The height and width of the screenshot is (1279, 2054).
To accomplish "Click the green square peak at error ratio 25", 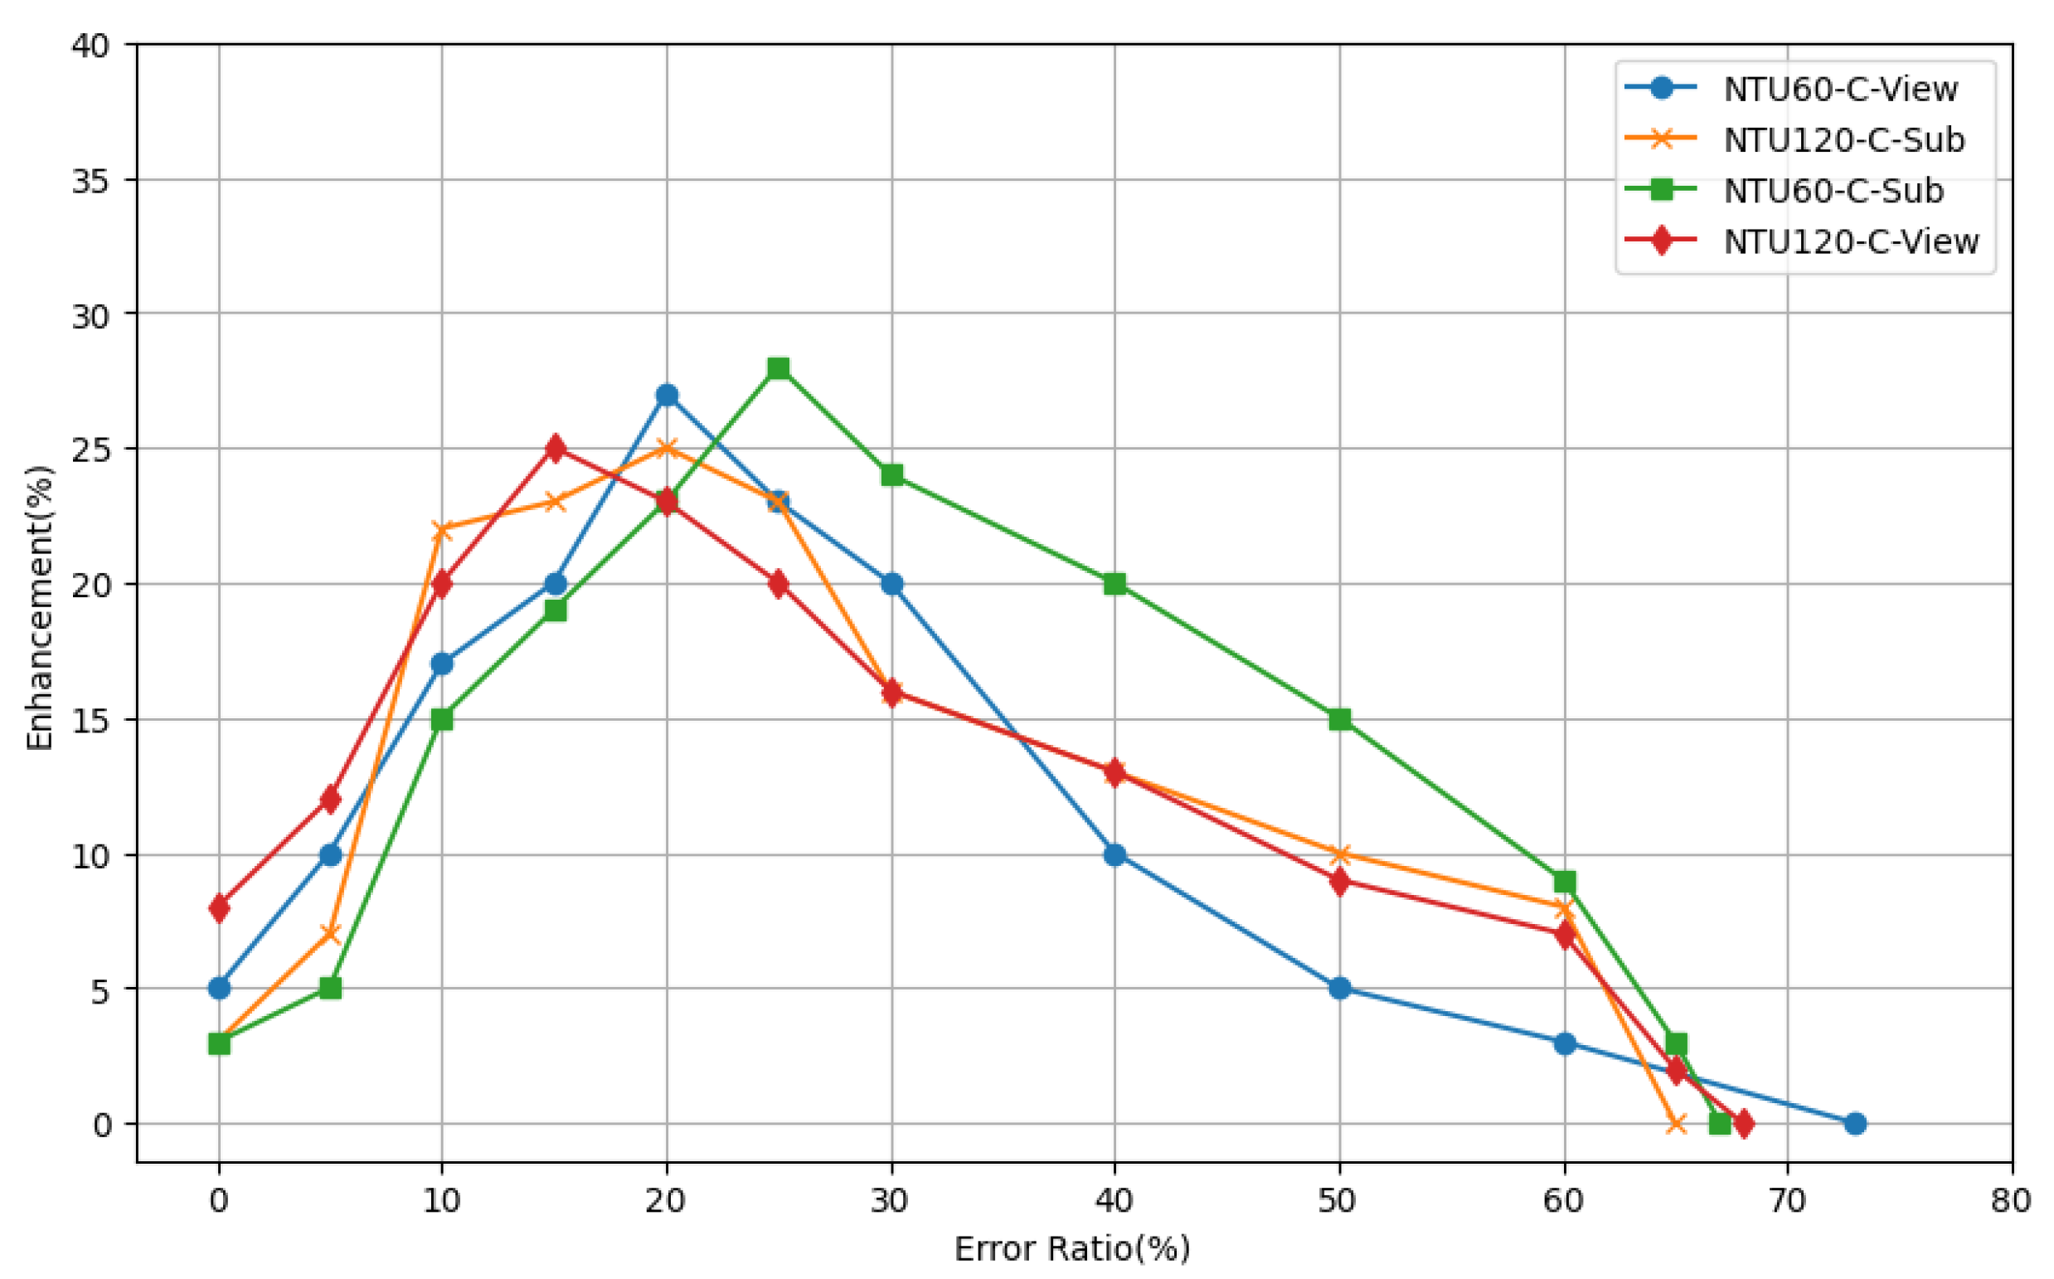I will (x=778, y=368).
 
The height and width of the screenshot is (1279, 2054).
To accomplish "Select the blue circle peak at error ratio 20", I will (x=667, y=395).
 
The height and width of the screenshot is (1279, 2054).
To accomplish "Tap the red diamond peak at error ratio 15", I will (x=555, y=449).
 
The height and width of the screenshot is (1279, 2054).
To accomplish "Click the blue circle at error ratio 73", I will (x=1854, y=1123).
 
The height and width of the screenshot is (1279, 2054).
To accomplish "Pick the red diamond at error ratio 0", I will (x=219, y=907).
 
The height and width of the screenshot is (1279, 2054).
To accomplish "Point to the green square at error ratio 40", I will (x=1114, y=584).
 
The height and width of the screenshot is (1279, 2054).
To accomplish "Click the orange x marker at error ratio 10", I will (x=441, y=530).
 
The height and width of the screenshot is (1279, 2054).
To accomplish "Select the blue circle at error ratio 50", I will (x=1339, y=988).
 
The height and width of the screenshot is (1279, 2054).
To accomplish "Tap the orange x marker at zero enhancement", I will (x=1676, y=1124).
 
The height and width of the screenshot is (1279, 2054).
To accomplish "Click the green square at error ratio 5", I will (x=331, y=988).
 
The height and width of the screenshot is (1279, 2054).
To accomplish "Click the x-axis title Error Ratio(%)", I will (x=1072, y=1248).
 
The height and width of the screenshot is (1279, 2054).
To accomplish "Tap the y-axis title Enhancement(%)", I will (x=39, y=607).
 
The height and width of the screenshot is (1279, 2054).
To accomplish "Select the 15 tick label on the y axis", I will (x=91, y=720).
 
